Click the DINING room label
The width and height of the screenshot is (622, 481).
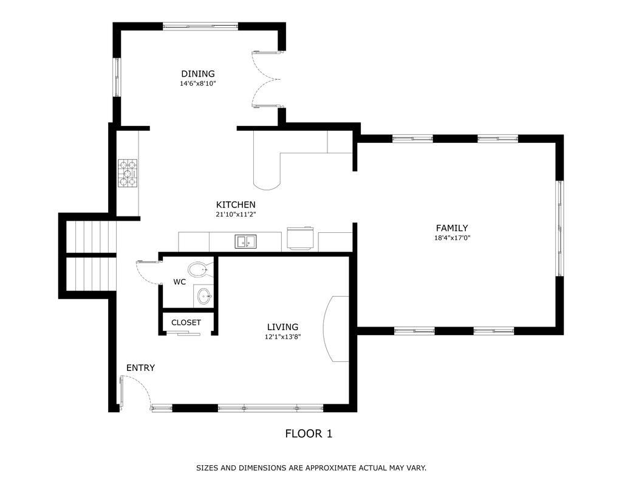pyautogui.click(x=198, y=74)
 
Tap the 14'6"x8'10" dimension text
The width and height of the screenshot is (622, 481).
pyautogui.click(x=198, y=83)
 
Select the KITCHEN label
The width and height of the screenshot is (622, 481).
pyautogui.click(x=236, y=204)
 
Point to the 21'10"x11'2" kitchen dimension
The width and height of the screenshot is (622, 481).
pyautogui.click(x=236, y=215)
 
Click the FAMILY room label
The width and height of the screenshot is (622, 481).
pyautogui.click(x=452, y=228)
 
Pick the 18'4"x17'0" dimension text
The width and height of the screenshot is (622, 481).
pyautogui.click(x=452, y=238)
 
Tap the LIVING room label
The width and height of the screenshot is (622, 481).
pyautogui.click(x=282, y=327)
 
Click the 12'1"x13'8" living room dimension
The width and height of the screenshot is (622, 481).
pyautogui.click(x=282, y=337)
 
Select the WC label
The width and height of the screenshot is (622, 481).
pyautogui.click(x=180, y=282)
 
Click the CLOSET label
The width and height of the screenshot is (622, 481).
pyautogui.click(x=186, y=322)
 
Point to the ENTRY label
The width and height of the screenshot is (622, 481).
pyautogui.click(x=140, y=368)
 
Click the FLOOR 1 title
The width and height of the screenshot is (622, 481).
pyautogui.click(x=309, y=434)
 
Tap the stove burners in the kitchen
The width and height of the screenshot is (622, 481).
pyautogui.click(x=128, y=173)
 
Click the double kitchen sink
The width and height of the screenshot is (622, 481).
pyautogui.click(x=246, y=241)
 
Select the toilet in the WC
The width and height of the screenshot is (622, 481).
pyautogui.click(x=199, y=270)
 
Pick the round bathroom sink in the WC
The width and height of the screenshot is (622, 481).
pyautogui.click(x=204, y=296)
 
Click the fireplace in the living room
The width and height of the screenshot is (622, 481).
pyautogui.click(x=336, y=329)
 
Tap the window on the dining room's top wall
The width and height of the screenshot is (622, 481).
pyautogui.click(x=200, y=26)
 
